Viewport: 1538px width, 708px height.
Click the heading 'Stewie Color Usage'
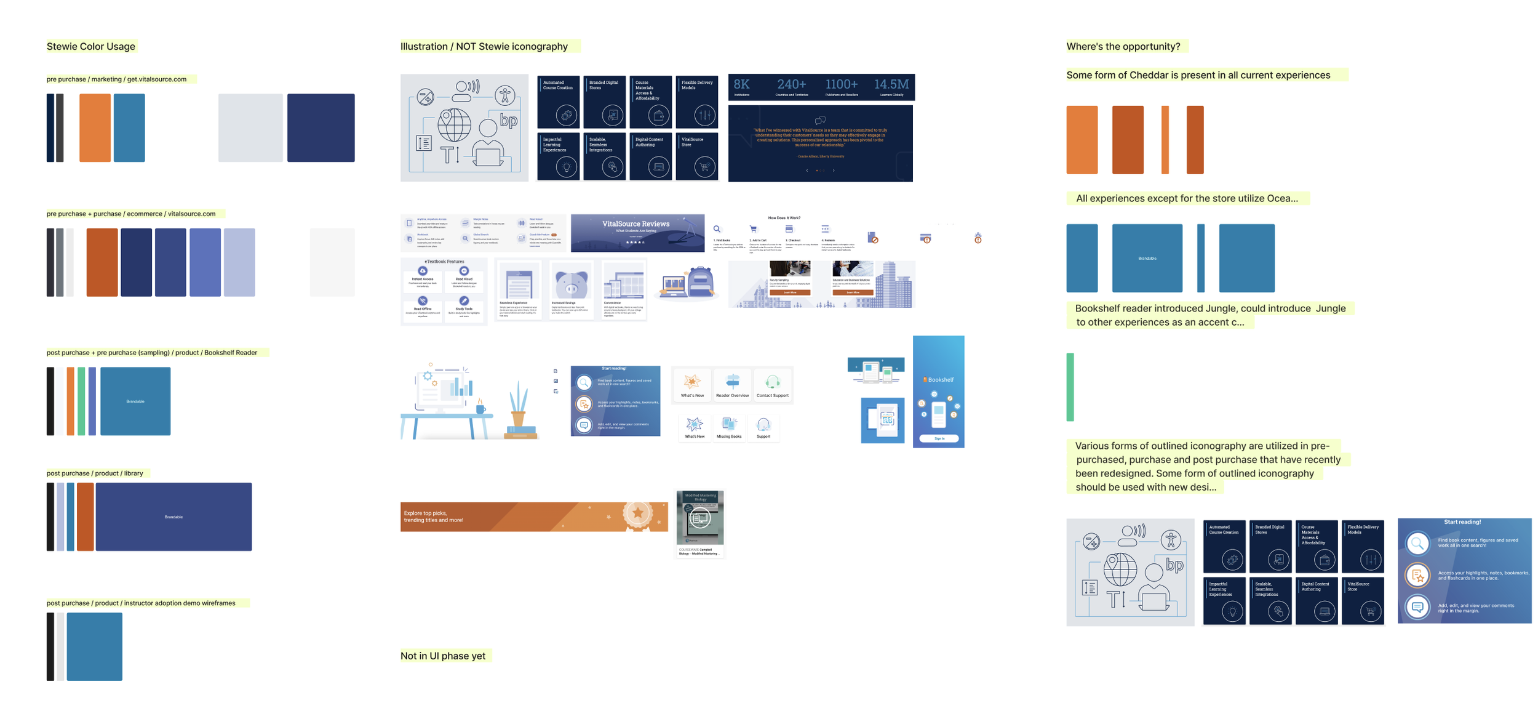[x=91, y=47]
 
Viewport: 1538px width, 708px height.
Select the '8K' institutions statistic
[x=741, y=85]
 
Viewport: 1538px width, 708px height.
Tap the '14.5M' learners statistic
[x=891, y=85]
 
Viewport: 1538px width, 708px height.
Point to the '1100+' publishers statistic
[x=841, y=85]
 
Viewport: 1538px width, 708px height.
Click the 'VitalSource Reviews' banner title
[x=636, y=224]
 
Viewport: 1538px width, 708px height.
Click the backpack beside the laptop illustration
[x=700, y=283]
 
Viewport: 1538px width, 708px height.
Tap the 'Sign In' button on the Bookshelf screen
[x=939, y=438]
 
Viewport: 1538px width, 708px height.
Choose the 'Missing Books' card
[x=728, y=427]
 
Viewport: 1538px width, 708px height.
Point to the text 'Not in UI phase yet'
[x=443, y=656]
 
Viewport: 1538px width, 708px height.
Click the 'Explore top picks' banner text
[x=434, y=517]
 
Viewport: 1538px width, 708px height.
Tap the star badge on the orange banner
[x=637, y=513]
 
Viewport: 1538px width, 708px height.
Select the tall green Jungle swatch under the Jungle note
[x=1070, y=387]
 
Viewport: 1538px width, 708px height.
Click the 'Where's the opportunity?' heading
[x=1123, y=47]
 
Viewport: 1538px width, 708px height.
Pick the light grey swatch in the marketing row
[x=250, y=128]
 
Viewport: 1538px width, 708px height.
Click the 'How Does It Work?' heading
[x=784, y=218]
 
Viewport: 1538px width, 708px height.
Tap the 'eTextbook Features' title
[x=444, y=262]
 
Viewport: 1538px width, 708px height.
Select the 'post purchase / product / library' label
[x=95, y=473]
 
